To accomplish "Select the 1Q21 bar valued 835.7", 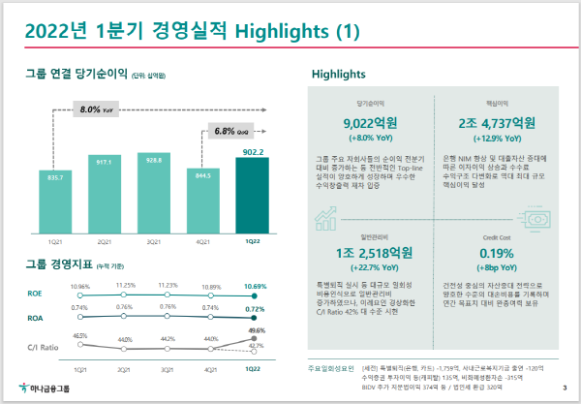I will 55,202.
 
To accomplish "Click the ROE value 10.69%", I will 254,287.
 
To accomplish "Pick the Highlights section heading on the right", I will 338,74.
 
